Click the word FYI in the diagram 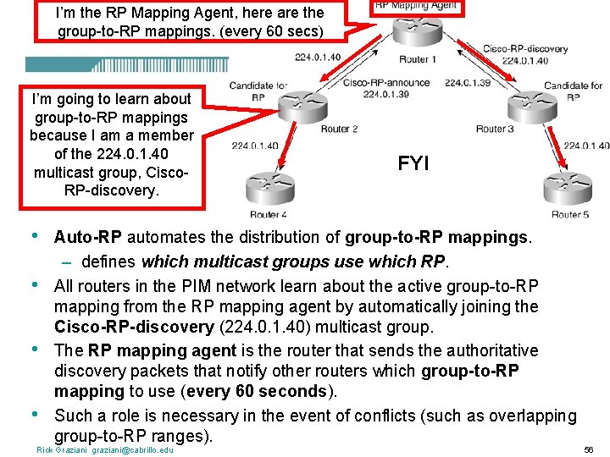(x=413, y=162)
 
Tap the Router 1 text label (x=419, y=59)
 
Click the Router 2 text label (x=340, y=129)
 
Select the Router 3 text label (x=495, y=129)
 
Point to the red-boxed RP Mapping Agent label (x=416, y=6)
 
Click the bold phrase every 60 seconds (x=275, y=392)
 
